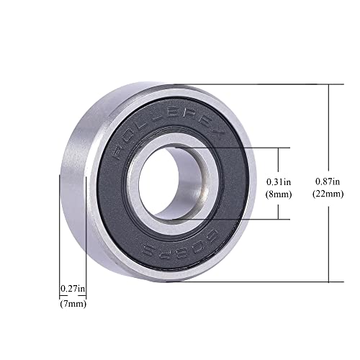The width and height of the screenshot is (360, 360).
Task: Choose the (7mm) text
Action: [72, 302]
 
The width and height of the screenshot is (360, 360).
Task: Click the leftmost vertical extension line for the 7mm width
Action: [59, 238]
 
